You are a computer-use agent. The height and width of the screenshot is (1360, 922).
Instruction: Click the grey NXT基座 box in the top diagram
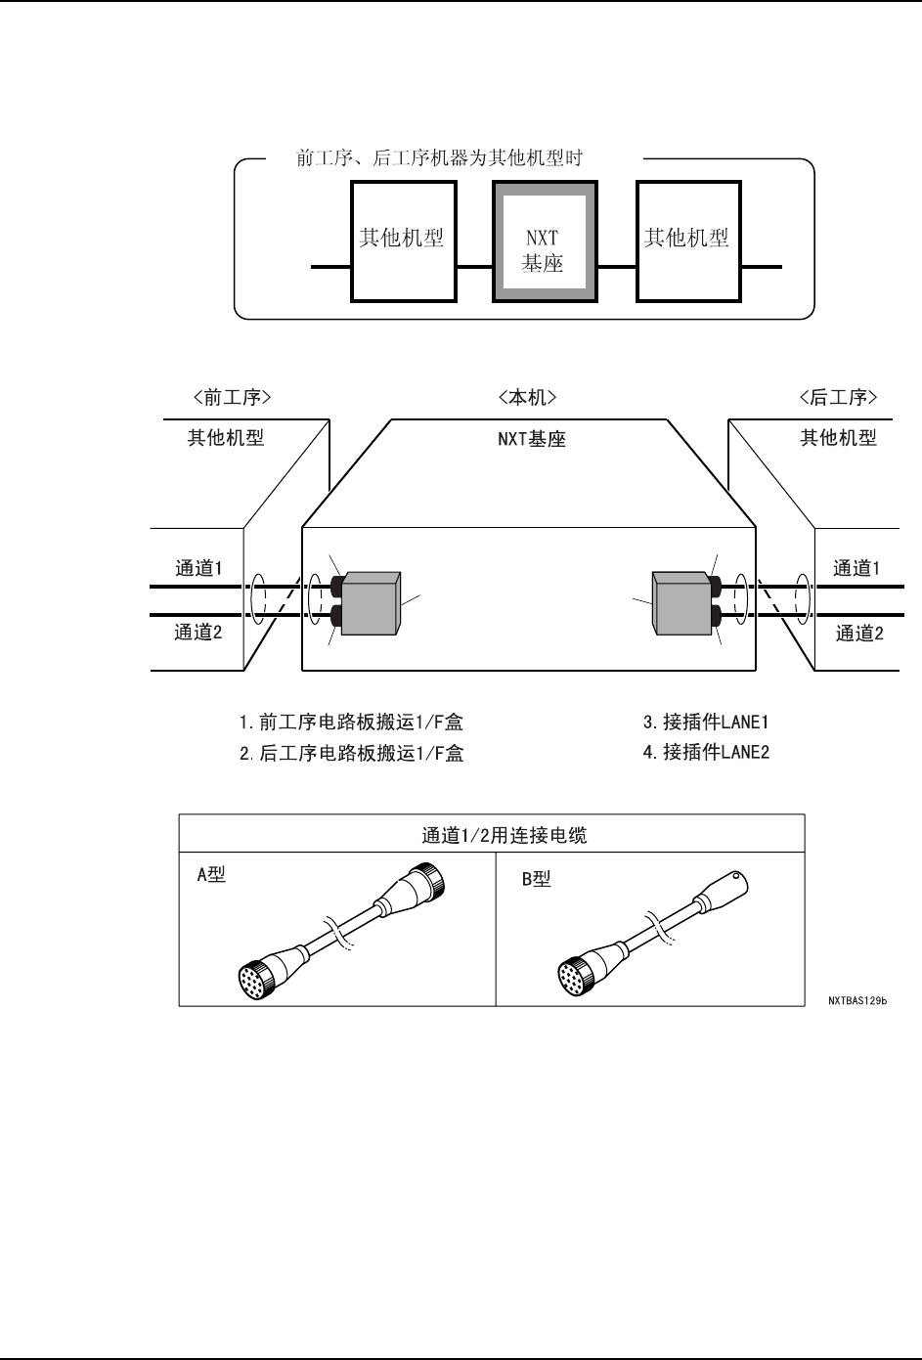point(542,241)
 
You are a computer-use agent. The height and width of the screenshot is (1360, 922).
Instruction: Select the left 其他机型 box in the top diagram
point(401,241)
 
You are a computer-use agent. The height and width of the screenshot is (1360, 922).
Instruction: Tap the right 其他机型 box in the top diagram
point(686,241)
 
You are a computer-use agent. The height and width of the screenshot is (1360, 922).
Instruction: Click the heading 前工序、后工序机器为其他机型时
point(439,157)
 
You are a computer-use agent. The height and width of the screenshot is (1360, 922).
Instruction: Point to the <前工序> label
point(232,397)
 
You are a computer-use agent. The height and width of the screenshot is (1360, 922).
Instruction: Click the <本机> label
point(526,397)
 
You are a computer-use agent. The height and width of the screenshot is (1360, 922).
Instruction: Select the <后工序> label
point(838,397)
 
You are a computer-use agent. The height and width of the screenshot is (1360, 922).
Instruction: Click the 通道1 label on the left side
point(198,568)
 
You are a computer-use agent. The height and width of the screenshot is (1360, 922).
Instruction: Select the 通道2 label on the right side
point(859,633)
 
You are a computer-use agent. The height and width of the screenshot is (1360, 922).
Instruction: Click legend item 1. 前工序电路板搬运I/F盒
point(351,723)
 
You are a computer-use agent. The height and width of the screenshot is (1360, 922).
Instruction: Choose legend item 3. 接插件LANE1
point(706,723)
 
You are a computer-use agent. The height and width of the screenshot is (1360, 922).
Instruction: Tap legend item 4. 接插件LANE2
point(706,752)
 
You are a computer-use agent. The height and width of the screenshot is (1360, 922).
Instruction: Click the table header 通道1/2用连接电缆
point(491,835)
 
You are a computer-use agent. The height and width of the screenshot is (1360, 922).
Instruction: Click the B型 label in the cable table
point(535,879)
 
